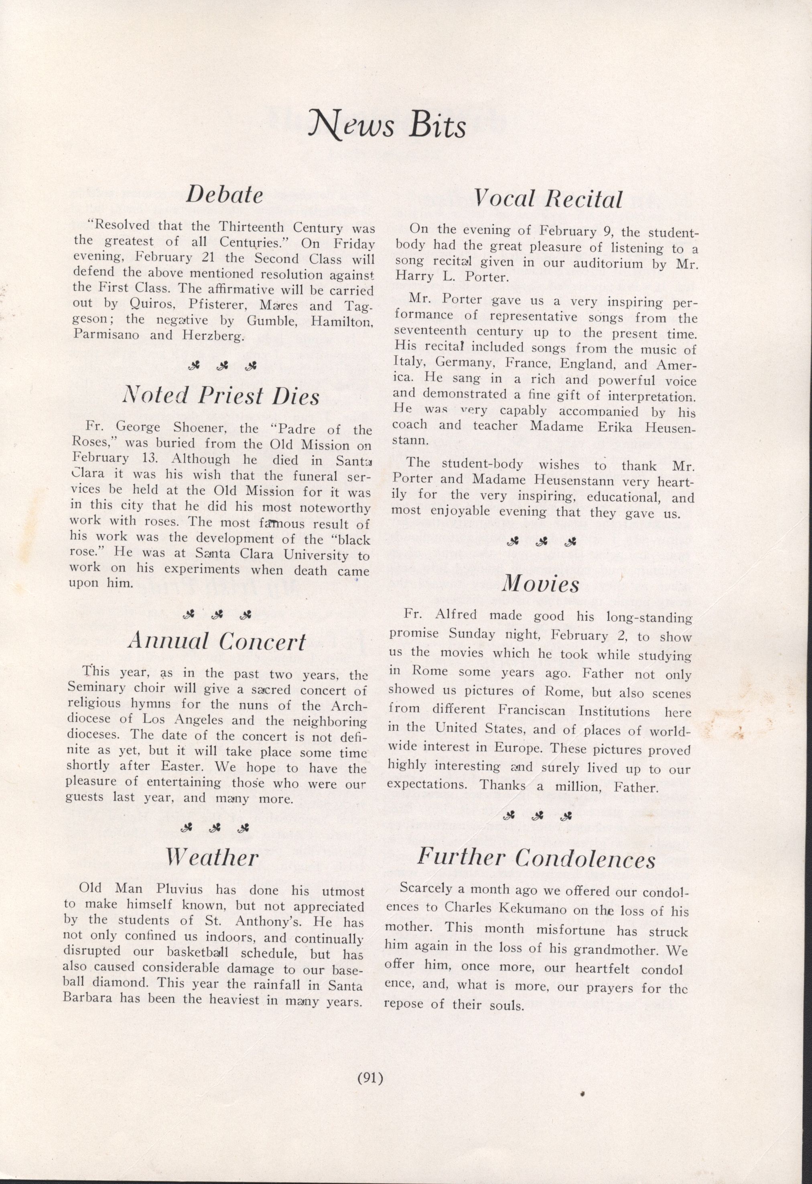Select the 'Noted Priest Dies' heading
point(221,396)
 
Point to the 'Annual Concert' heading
point(217,641)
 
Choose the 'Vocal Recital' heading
point(548,199)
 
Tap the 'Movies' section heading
point(541,584)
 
